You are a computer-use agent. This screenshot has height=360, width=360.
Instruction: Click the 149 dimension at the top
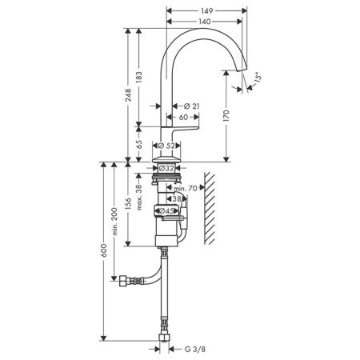point(207,12)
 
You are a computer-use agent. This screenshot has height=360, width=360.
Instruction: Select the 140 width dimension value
point(206,23)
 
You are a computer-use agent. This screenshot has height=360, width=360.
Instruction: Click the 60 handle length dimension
point(183,118)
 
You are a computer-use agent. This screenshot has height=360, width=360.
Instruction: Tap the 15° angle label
point(257,78)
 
